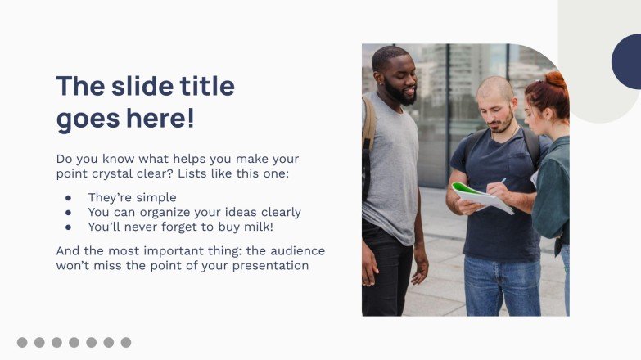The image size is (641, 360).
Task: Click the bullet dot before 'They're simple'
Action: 69,198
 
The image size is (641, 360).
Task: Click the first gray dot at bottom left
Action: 22,342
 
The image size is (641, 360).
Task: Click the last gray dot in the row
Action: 126,342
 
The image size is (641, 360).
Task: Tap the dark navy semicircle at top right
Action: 627,61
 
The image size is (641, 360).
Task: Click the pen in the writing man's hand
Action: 502,182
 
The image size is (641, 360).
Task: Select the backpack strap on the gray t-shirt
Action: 368,131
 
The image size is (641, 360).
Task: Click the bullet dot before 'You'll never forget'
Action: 69,227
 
